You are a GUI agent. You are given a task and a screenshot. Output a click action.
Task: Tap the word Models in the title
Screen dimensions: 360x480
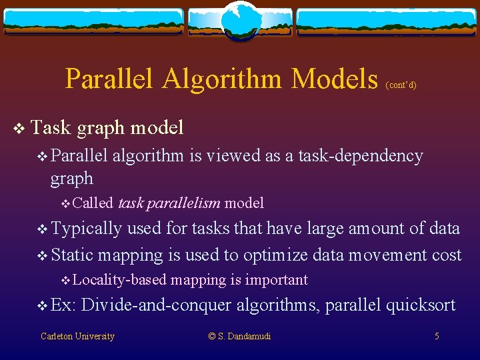click(335, 79)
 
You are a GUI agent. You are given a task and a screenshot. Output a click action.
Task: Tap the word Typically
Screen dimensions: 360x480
click(86, 229)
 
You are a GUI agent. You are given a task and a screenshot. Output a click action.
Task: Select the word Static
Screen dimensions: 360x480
click(73, 255)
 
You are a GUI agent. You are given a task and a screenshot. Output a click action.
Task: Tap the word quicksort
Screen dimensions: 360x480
click(419, 305)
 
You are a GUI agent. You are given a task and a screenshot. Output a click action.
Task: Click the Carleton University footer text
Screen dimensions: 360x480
click(77, 336)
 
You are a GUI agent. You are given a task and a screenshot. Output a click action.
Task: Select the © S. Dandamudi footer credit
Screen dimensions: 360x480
click(240, 336)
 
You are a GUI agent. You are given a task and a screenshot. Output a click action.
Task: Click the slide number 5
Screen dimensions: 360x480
click(437, 336)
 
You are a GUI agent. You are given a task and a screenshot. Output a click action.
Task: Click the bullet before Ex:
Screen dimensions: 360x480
click(43, 306)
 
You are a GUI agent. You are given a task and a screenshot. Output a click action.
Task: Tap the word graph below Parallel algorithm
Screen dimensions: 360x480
click(71, 179)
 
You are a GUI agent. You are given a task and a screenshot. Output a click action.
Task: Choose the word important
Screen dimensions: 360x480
click(277, 280)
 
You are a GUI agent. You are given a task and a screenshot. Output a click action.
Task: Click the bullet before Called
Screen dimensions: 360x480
click(65, 203)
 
